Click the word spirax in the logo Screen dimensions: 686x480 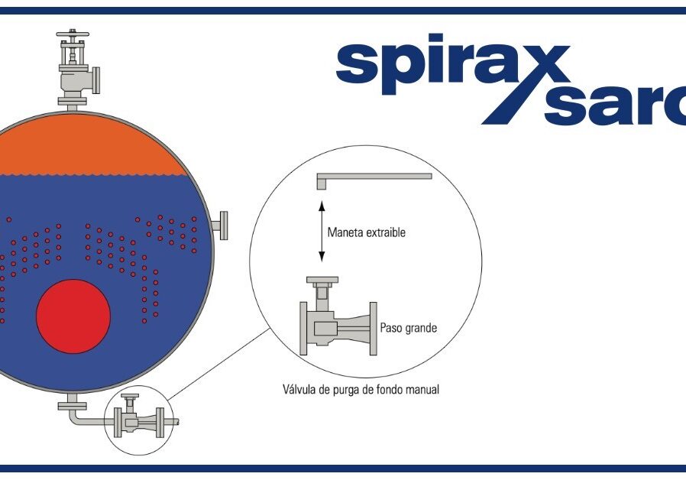453,64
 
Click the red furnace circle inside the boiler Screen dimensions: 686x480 73,316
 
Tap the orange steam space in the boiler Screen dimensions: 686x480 88,144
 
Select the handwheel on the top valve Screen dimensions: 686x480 73,34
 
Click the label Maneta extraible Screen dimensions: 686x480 366,232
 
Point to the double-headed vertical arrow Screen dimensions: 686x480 322,232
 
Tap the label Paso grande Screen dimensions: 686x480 408,328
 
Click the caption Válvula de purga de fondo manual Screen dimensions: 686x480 361,389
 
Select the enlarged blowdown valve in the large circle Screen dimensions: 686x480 338,316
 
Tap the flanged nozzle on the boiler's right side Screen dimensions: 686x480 220,225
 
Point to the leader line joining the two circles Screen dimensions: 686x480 218,364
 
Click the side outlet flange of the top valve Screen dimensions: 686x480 95,80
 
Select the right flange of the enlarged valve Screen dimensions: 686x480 374,329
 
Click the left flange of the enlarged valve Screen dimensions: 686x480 303,329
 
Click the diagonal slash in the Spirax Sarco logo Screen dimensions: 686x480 526,84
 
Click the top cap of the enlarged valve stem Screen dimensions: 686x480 322,280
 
